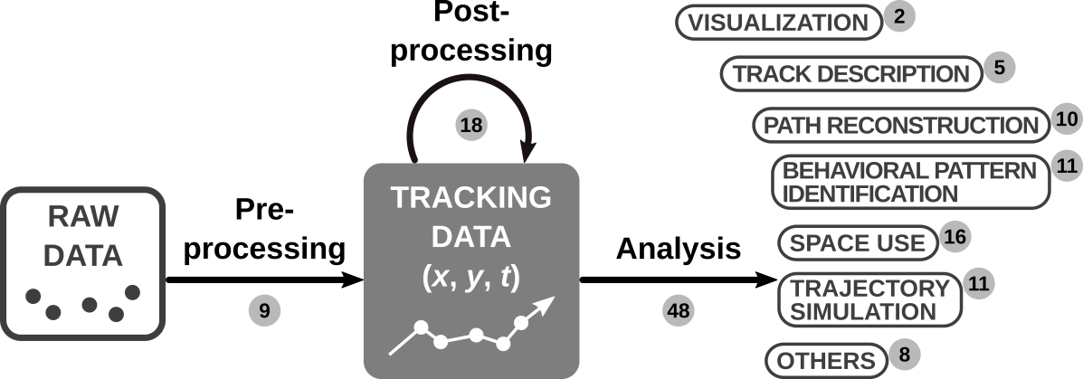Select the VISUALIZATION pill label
(x=778, y=24)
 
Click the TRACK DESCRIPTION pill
(x=850, y=74)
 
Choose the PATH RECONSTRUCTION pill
(x=900, y=126)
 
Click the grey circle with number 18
(x=470, y=125)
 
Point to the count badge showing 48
(x=677, y=310)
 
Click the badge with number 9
(x=264, y=310)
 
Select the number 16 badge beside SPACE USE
(x=955, y=238)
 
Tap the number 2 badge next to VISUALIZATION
(x=898, y=17)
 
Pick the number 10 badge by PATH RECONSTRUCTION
(x=1067, y=119)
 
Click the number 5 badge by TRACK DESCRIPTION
(x=999, y=68)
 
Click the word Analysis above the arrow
(x=678, y=247)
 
